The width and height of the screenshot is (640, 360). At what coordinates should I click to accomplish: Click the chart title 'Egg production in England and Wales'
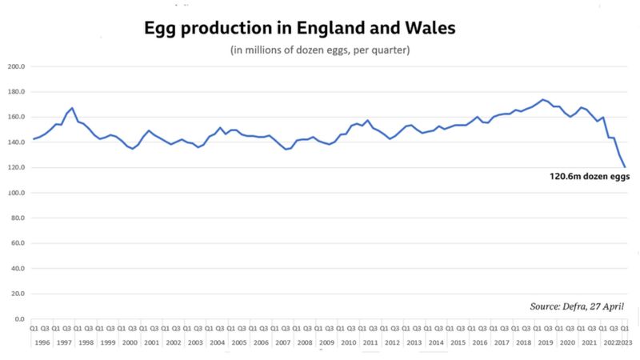pyautogui.click(x=299, y=28)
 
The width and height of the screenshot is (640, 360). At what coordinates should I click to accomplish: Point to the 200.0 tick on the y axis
pyautogui.click(x=17, y=66)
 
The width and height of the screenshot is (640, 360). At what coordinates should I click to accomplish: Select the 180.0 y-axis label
pyautogui.click(x=17, y=92)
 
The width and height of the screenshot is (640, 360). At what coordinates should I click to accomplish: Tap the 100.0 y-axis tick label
pyautogui.click(x=17, y=193)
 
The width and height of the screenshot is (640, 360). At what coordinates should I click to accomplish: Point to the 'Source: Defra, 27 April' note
pyautogui.click(x=576, y=306)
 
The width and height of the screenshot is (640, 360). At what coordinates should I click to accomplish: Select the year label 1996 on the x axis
pyautogui.click(x=42, y=342)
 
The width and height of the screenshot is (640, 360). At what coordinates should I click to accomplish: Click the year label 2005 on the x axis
pyautogui.click(x=238, y=342)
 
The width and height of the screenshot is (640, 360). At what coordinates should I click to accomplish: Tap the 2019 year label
pyautogui.click(x=545, y=342)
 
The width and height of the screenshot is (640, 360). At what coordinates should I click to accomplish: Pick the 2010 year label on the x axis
pyautogui.click(x=348, y=342)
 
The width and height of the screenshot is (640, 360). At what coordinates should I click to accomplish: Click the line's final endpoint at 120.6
pyautogui.click(x=625, y=166)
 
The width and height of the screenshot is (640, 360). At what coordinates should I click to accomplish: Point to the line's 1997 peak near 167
pyautogui.click(x=73, y=108)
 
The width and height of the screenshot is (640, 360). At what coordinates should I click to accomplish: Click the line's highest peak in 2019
pyautogui.click(x=542, y=100)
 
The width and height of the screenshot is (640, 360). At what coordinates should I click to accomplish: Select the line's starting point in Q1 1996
pyautogui.click(x=33, y=139)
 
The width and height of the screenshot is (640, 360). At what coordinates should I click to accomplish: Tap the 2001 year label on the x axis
pyautogui.click(x=151, y=342)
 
